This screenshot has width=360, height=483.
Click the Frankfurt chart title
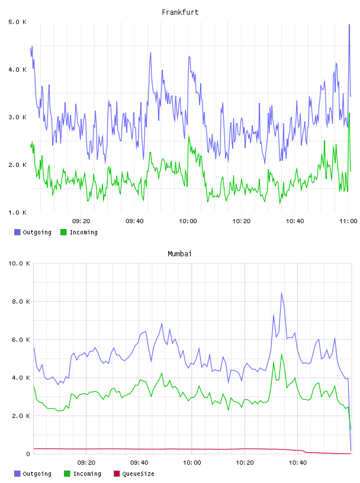(180, 12)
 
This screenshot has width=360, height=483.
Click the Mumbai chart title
(179, 253)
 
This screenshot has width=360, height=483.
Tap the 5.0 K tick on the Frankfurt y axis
(17, 22)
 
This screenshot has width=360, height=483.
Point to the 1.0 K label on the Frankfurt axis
(17, 212)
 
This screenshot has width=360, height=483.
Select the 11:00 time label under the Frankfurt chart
(348, 221)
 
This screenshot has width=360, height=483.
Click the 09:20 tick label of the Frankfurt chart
(81, 221)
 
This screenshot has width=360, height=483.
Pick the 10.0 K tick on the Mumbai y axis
(19, 263)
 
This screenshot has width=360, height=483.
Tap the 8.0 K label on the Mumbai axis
(21, 301)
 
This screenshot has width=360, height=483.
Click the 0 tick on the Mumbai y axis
(28, 454)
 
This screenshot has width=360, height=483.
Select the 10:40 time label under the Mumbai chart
(298, 462)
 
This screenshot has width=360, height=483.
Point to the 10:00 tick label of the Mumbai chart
(192, 462)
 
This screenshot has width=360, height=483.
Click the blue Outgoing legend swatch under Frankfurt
(17, 232)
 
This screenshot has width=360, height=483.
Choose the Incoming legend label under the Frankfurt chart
(83, 232)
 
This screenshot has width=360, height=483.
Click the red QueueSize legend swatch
(117, 474)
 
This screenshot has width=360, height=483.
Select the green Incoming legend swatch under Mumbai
(67, 474)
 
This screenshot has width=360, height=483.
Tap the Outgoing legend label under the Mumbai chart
(37, 474)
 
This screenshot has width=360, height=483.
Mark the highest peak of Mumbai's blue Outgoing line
(281, 293)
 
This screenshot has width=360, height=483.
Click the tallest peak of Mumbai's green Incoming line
(281, 354)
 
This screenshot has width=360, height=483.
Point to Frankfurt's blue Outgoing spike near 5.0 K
(349, 25)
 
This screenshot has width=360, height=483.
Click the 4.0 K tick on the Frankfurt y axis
(17, 70)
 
